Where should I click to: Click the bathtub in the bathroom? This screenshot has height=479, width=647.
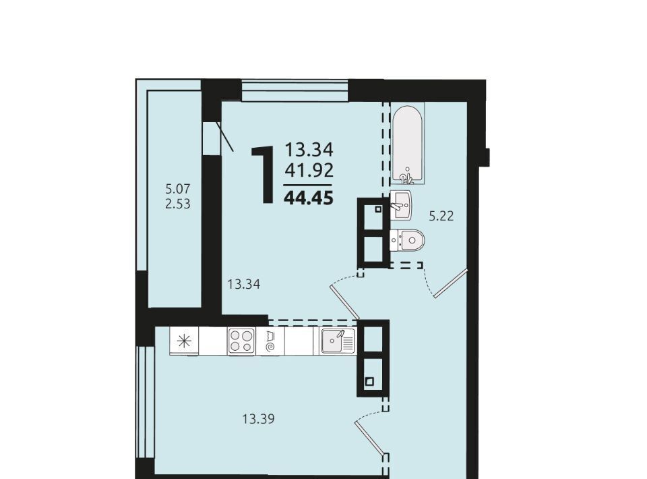[408, 143]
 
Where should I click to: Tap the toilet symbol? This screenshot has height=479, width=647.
[407, 239]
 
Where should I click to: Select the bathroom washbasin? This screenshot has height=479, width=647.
[400, 205]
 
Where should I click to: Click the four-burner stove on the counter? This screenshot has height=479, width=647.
[241, 341]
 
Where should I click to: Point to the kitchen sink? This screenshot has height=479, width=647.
[338, 341]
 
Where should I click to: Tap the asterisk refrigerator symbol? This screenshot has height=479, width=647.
[184, 341]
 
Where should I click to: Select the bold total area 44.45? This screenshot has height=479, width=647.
[309, 198]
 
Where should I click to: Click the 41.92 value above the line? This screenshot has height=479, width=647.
[309, 170]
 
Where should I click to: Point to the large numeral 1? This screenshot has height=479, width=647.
[263, 174]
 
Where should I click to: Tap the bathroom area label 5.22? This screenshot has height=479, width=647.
[441, 216]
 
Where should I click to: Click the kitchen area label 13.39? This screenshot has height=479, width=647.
[258, 419]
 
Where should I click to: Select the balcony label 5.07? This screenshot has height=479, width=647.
[177, 189]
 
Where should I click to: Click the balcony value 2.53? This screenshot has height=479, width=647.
[177, 204]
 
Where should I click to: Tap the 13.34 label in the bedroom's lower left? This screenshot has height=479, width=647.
[244, 284]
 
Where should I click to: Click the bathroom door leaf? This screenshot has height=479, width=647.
[450, 283]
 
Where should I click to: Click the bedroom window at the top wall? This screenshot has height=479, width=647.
[295, 90]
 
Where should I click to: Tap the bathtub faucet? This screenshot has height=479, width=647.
[406, 177]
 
